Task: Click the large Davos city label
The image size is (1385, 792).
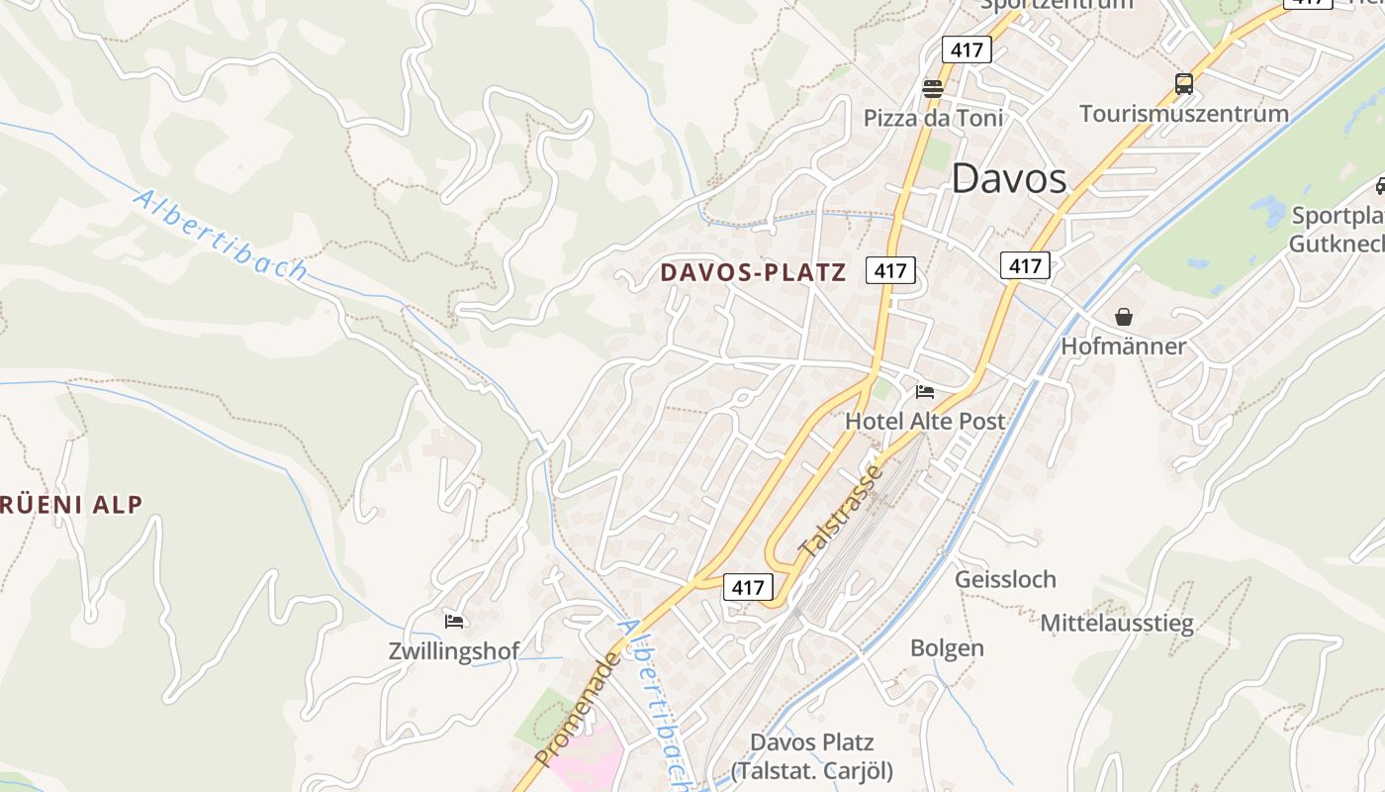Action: click(1009, 179)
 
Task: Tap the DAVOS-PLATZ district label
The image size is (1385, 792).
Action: click(753, 272)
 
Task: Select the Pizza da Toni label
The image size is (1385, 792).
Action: click(933, 119)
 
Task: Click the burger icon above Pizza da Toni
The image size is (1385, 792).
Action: click(932, 89)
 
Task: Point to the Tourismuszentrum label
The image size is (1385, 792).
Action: click(1184, 113)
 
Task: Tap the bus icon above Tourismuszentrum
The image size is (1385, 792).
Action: click(1184, 84)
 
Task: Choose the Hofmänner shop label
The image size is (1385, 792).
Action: click(1123, 346)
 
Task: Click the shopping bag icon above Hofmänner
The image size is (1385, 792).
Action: click(1124, 317)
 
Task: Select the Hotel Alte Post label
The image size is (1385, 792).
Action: click(925, 421)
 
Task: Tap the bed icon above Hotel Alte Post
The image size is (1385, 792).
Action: click(925, 392)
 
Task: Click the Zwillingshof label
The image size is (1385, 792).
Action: click(454, 651)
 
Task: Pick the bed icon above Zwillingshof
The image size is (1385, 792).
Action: click(454, 622)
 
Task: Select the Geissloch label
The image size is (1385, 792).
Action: click(1005, 579)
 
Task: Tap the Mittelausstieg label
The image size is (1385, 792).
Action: click(1117, 624)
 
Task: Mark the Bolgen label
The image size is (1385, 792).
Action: click(947, 648)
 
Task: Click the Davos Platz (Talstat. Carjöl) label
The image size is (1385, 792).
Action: click(811, 756)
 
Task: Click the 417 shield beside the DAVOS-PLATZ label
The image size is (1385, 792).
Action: click(890, 269)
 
